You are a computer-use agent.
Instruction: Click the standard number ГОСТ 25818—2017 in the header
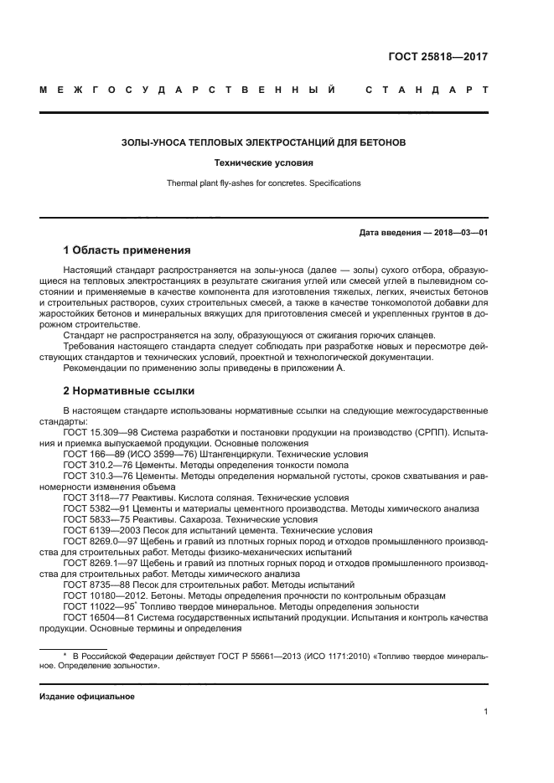click(438, 57)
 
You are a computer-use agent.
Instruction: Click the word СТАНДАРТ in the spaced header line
click(427, 90)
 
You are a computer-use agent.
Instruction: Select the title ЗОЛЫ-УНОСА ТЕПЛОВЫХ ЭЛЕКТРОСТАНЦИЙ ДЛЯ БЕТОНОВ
click(264, 143)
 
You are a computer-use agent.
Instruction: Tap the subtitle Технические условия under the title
click(264, 163)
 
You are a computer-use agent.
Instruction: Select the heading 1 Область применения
click(127, 250)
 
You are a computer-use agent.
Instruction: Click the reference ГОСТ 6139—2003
click(99, 529)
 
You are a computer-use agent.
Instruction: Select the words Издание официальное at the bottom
click(87, 697)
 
